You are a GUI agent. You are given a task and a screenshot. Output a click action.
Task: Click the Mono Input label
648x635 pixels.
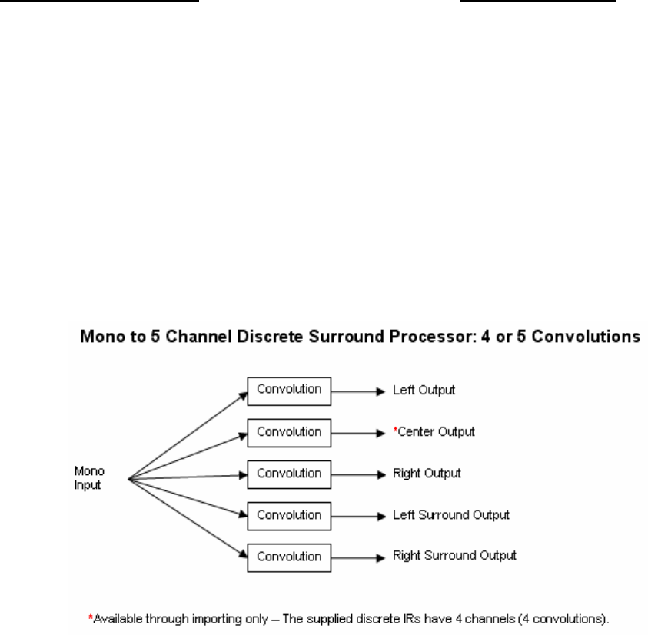89,478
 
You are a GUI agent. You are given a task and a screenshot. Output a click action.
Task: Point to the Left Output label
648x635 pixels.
424,391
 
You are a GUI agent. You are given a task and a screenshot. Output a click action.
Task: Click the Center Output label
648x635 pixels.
436,432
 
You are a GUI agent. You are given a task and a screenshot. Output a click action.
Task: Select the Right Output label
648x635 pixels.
427,474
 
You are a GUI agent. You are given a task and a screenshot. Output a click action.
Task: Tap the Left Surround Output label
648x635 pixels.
451,515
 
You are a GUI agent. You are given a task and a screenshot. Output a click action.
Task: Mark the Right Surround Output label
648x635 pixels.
454,556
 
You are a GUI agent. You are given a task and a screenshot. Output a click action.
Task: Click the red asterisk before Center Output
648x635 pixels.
395,430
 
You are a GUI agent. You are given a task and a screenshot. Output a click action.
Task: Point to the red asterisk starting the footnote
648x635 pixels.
91,617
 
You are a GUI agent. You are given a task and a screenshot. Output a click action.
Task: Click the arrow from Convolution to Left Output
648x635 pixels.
358,391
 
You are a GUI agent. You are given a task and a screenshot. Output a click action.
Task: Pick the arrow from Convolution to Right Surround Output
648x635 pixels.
358,558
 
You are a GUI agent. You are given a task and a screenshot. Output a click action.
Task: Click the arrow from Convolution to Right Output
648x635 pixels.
358,475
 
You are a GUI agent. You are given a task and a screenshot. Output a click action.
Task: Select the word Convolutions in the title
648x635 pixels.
586,337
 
